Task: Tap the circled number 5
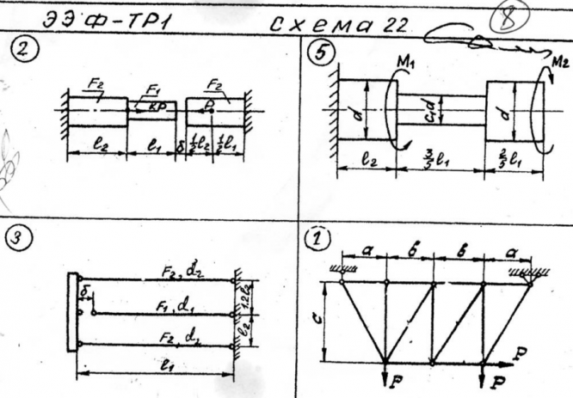pyautogui.click(x=321, y=54)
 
